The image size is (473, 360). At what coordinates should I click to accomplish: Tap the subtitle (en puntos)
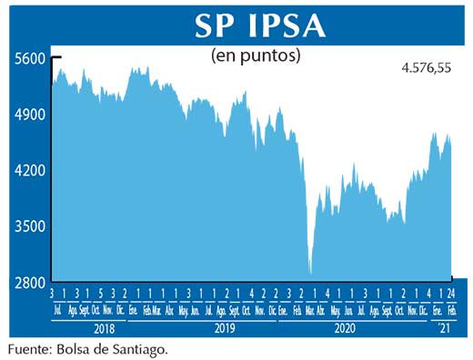256,57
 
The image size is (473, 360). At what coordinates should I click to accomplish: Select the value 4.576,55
427,68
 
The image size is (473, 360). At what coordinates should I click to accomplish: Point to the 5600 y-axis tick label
29,59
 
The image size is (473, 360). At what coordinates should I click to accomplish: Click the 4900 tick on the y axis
29,115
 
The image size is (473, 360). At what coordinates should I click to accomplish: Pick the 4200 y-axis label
29,171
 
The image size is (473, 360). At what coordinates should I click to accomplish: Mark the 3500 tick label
29,227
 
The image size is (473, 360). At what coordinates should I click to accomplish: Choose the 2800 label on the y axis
29,284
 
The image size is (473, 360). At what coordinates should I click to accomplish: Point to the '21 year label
443,325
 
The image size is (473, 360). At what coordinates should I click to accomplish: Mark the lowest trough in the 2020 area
311,272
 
